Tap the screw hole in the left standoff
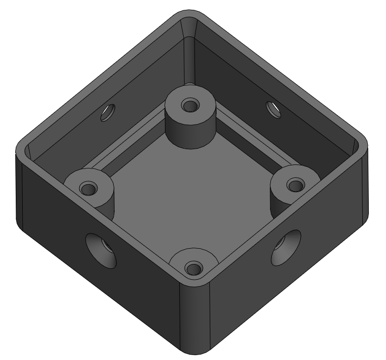pyautogui.click(x=89, y=189)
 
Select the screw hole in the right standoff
pyautogui.click(x=295, y=186)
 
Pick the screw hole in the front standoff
pyautogui.click(x=193, y=268)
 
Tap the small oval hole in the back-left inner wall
pyautogui.click(x=106, y=113)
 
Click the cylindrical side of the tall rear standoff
pyautogui.click(x=190, y=131)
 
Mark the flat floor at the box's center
pyautogui.click(x=192, y=197)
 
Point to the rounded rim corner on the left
pyautogui.click(x=23, y=145)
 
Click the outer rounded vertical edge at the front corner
pyautogui.click(x=195, y=320)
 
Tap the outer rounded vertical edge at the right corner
pyautogui.click(x=365, y=187)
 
